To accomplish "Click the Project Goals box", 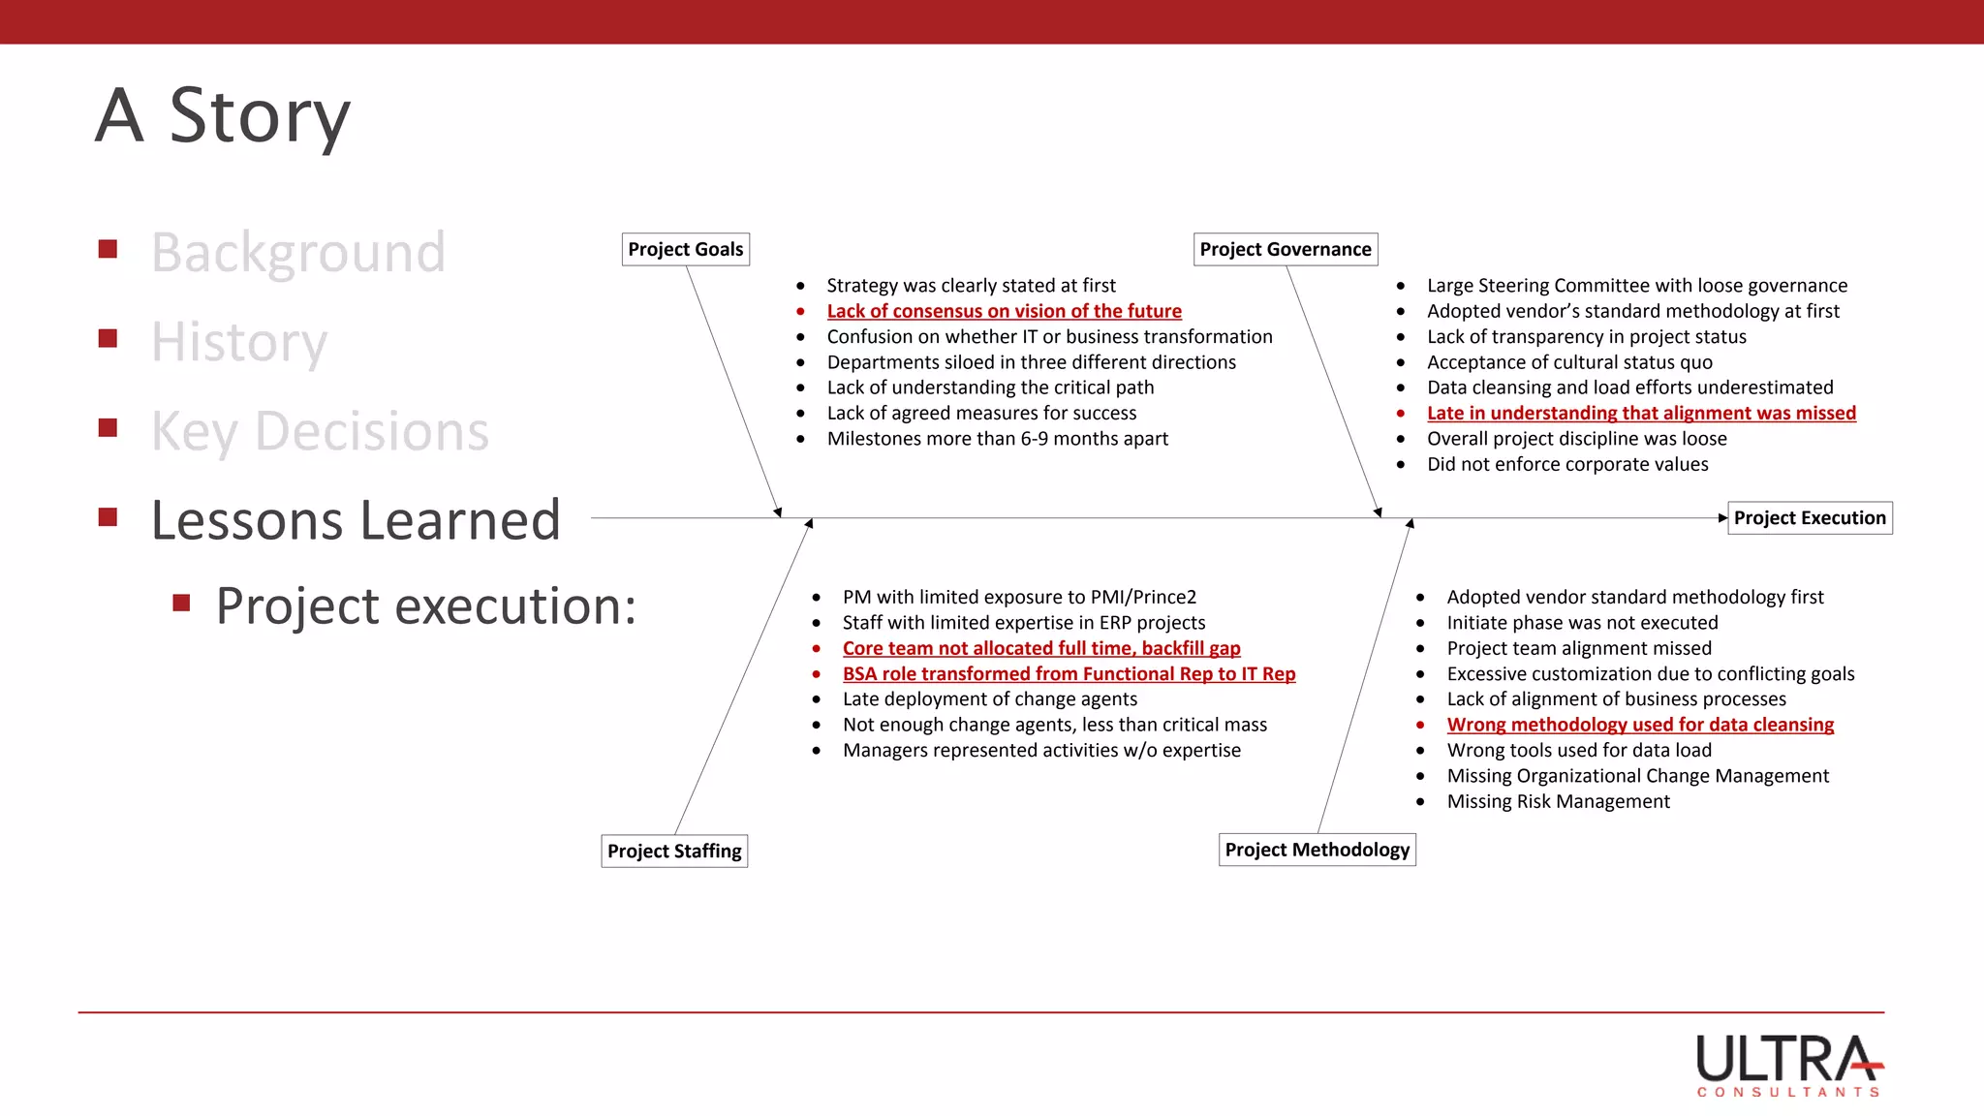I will pos(685,249).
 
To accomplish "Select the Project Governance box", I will pos(1285,249).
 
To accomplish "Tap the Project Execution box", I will pos(1809,517).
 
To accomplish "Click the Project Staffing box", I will pos(674,851).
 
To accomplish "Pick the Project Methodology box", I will pos(1317,850).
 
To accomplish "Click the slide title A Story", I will pos(223,115).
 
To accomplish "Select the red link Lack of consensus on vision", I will pos(1004,311).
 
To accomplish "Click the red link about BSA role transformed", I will pos(1069,673).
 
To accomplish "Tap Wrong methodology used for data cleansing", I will pos(1639,725).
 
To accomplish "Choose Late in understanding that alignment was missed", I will pos(1641,413).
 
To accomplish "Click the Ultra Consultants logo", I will pos(1788,1065).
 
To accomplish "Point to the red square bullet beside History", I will pos(108,338).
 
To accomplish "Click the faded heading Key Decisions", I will pos(320,431).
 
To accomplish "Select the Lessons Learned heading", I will pos(356,520).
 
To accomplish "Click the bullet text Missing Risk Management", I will pos(1558,801).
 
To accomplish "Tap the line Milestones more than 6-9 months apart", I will pos(997,439).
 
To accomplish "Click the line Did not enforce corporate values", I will pos(1566,464).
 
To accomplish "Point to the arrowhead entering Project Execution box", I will pos(1722,517).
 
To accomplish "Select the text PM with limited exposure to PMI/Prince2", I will pos(1019,597).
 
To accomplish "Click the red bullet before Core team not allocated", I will pos(817,648).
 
